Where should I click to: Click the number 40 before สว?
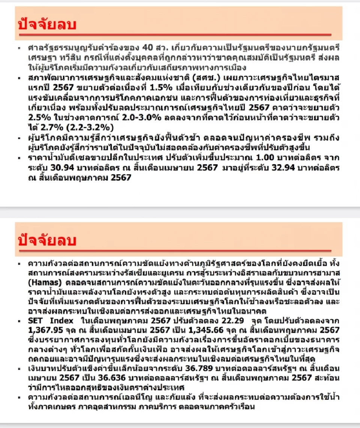point(151,48)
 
